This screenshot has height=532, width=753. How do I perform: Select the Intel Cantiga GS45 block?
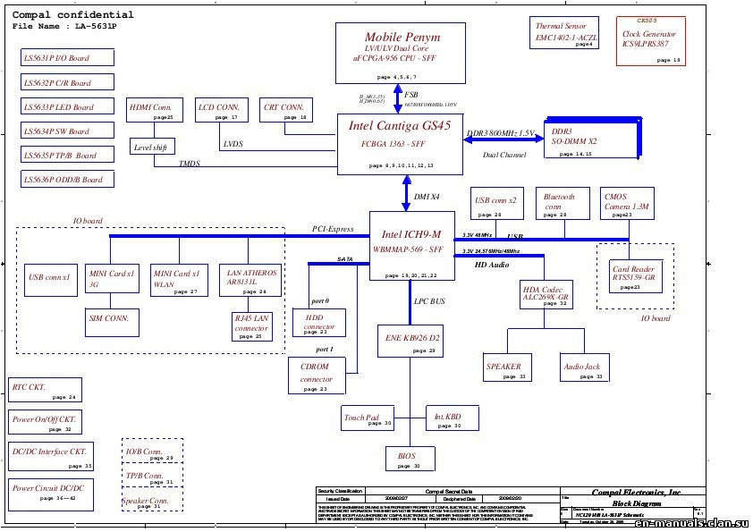pyautogui.click(x=400, y=144)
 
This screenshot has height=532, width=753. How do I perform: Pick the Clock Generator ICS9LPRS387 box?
pyautogui.click(x=650, y=40)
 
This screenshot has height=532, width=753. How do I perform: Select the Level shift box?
pyautogui.click(x=151, y=147)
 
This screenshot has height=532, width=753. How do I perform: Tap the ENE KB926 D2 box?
pyautogui.click(x=410, y=343)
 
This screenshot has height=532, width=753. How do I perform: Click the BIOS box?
pyautogui.click(x=407, y=459)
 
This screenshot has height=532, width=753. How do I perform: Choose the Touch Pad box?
pyautogui.click(x=362, y=418)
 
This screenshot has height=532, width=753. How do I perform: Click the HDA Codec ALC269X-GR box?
pyautogui.click(x=546, y=295)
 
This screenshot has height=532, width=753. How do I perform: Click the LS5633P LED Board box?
pyautogui.click(x=69, y=107)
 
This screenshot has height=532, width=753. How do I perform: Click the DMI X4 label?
pyautogui.click(x=427, y=196)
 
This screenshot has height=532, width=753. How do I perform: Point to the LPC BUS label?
pyautogui.click(x=429, y=302)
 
